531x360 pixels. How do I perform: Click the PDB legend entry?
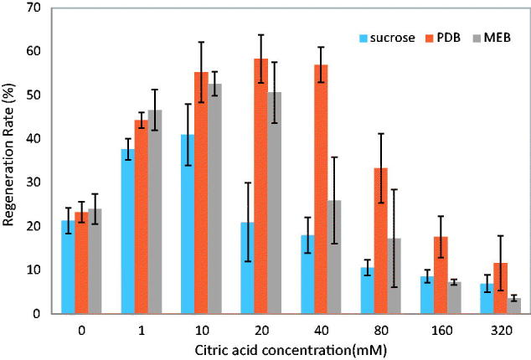tap(433, 37)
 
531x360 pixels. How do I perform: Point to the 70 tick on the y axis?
tap(34, 8)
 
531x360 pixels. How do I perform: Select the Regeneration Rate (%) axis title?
tap(10, 161)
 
